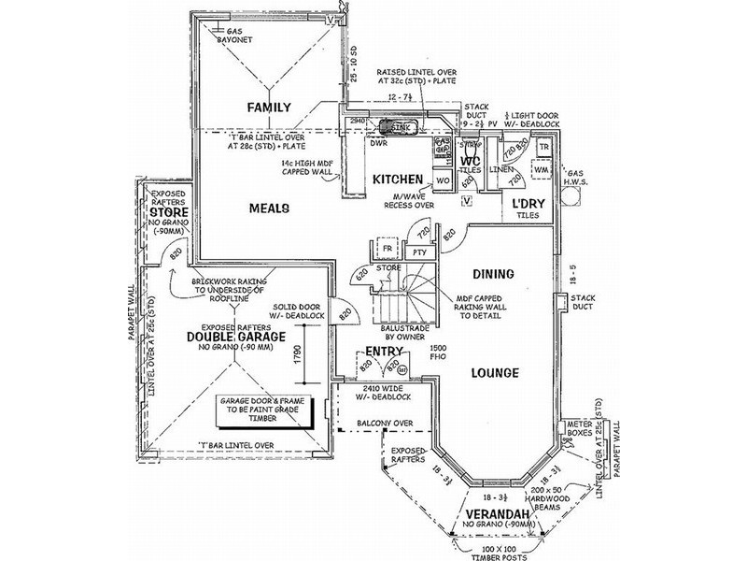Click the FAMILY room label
(270, 108)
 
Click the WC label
(470, 160)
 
